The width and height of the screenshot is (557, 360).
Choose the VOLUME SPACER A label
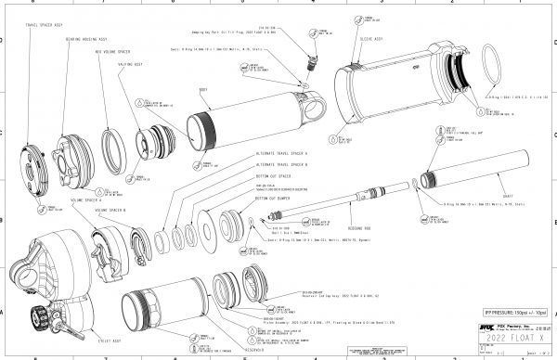point(87,199)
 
